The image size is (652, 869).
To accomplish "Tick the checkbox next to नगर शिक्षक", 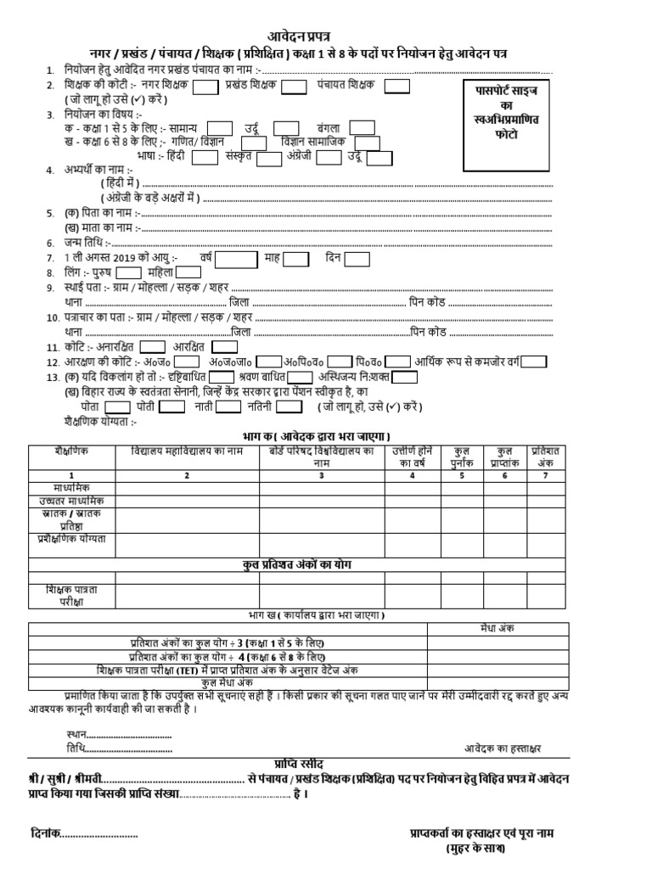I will point(205,87).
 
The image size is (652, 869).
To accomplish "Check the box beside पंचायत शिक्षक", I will point(397,86).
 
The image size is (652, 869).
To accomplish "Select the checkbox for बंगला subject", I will point(363,127).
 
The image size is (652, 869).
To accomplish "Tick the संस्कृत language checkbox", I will point(269,158).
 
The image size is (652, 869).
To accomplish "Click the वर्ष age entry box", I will point(239,258).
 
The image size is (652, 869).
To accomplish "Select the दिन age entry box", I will point(357,258).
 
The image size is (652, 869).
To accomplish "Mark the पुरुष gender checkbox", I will point(128,272).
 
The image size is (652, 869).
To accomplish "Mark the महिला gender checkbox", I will point(188,272).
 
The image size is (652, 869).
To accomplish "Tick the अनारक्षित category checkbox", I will point(153,346).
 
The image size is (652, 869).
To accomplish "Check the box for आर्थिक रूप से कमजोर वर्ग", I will point(534,362).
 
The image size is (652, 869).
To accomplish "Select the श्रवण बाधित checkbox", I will point(300,377).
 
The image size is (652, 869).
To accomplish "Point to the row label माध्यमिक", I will point(71,488).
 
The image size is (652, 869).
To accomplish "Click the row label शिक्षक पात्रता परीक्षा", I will point(71,595).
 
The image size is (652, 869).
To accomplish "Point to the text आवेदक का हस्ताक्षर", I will point(503,748).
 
